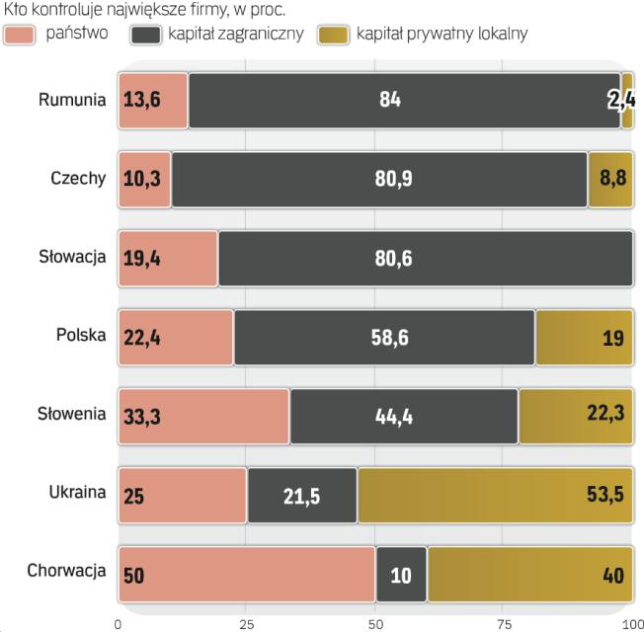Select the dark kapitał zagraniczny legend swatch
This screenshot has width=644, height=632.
[x=144, y=34]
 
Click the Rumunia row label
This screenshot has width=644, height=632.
[x=72, y=100]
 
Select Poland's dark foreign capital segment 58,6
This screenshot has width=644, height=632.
[x=384, y=337]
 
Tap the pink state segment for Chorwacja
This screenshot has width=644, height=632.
[x=246, y=573]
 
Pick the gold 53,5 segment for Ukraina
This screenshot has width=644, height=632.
[x=494, y=494]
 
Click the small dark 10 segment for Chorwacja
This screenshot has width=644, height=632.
[x=401, y=573]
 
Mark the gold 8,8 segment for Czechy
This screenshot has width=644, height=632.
[x=610, y=179]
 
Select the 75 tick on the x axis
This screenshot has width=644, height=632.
[x=504, y=623]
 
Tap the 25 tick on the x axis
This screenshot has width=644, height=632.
[x=247, y=623]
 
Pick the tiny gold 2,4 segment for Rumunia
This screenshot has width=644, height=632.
[x=627, y=100]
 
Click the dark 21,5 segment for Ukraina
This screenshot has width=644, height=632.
[x=301, y=494]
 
